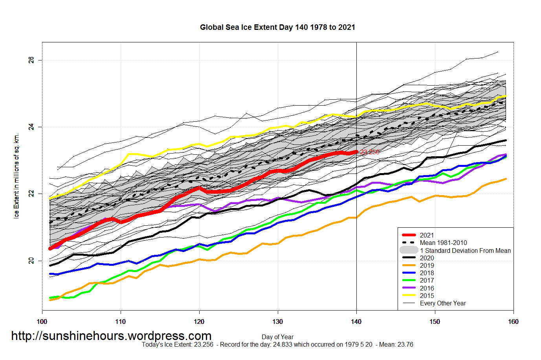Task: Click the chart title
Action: (x=277, y=27)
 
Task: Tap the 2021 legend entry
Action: (x=427, y=235)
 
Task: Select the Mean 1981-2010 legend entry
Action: (x=443, y=243)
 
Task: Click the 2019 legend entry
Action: (x=427, y=265)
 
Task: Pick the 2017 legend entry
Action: (x=427, y=280)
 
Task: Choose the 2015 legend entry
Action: (x=427, y=296)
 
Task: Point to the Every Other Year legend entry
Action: (x=443, y=303)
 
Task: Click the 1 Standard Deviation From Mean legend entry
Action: (x=465, y=250)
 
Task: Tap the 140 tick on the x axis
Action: (x=356, y=322)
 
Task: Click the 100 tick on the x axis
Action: (x=42, y=322)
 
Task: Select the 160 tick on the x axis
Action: (x=513, y=322)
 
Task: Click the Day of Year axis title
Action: (x=277, y=337)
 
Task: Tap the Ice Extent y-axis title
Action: (x=17, y=177)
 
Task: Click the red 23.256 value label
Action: (x=370, y=152)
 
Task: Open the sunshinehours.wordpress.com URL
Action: (x=111, y=336)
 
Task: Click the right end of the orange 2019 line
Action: (x=505, y=179)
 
